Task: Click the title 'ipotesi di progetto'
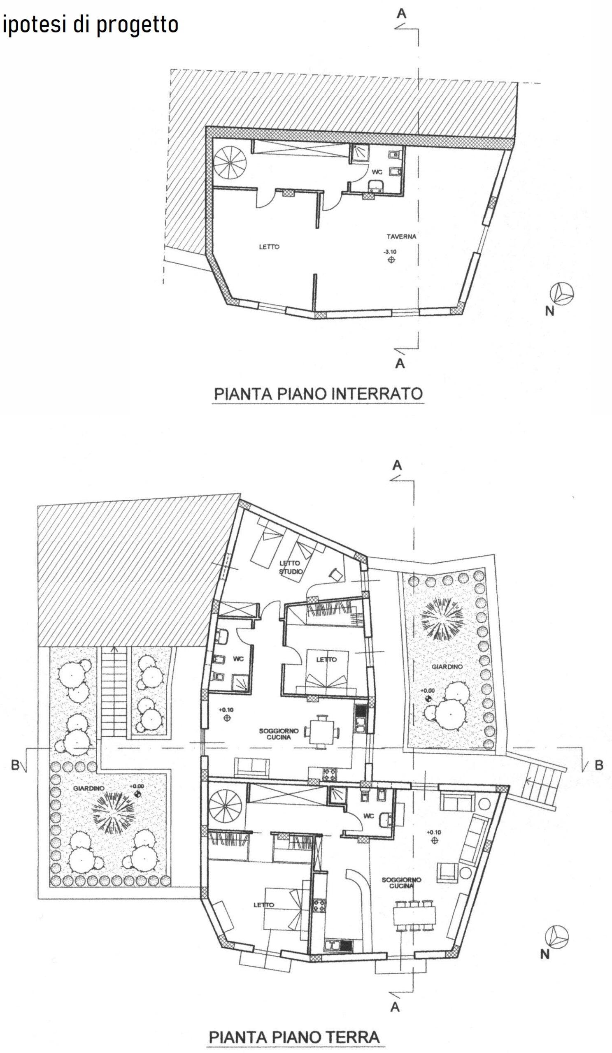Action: (91, 25)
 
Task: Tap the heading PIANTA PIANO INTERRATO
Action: (319, 394)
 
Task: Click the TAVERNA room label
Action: (401, 237)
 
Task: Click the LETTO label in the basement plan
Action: (269, 247)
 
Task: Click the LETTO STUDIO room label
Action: (290, 568)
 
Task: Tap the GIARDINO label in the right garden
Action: (447, 667)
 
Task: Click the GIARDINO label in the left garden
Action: (88, 788)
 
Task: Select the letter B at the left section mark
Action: (16, 765)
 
